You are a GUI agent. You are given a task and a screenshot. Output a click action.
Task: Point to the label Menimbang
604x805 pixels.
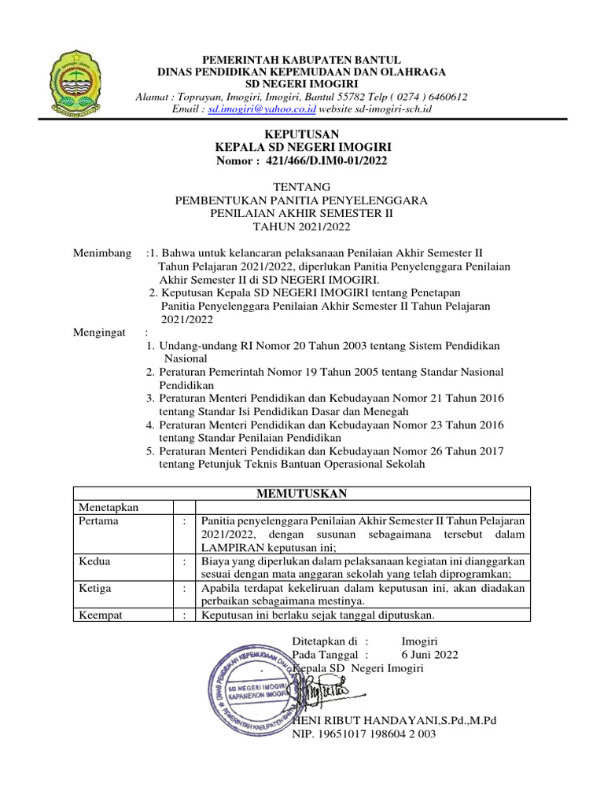(x=102, y=253)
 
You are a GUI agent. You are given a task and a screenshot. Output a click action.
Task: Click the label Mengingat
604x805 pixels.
(x=100, y=333)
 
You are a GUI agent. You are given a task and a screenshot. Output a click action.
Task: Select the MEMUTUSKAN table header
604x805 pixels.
(x=302, y=494)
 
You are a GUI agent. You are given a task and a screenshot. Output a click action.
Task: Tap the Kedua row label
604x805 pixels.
(x=94, y=561)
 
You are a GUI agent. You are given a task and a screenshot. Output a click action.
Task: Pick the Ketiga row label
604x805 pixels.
(x=95, y=588)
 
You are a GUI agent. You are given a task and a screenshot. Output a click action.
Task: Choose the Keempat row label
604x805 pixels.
(x=100, y=615)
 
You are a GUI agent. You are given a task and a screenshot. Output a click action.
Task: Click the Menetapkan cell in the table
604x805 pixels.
(x=109, y=507)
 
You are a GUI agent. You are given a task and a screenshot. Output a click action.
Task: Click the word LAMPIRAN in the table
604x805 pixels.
(x=235, y=547)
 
